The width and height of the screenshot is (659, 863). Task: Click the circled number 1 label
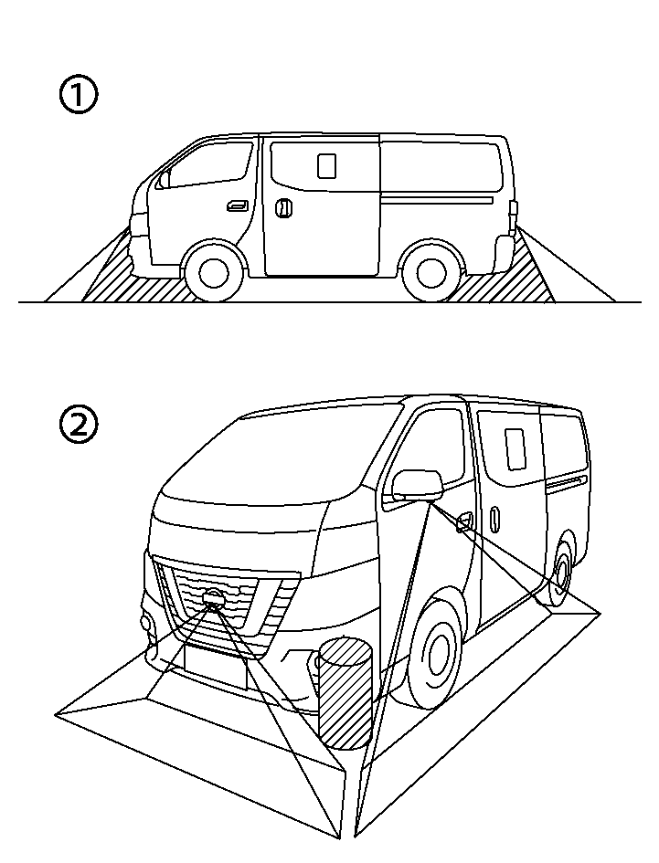pos(79,96)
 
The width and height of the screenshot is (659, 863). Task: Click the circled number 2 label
pos(79,425)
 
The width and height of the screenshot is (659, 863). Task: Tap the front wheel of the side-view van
pos(213,271)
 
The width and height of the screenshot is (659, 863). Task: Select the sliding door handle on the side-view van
pos(283,208)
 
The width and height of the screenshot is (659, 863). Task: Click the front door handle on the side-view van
pos(237,205)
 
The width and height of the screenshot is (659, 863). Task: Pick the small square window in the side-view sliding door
pos(325,165)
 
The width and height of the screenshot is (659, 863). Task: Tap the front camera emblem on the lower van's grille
pos(214,600)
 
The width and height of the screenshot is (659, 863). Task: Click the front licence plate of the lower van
pos(215,665)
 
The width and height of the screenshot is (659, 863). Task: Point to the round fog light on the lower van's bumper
pos(147,623)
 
